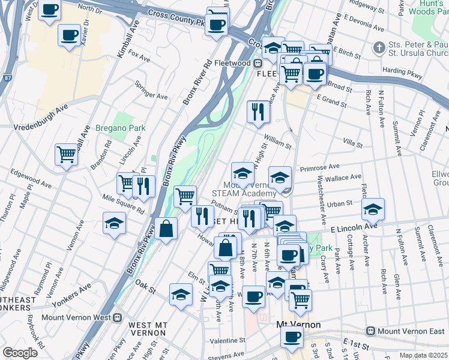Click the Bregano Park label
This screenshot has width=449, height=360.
point(121,128)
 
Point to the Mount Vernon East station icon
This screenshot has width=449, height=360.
point(371,331)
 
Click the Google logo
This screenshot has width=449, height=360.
point(19,352)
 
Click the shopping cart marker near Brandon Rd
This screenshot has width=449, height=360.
point(66,153)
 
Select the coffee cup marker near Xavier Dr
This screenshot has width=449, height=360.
point(69,34)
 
